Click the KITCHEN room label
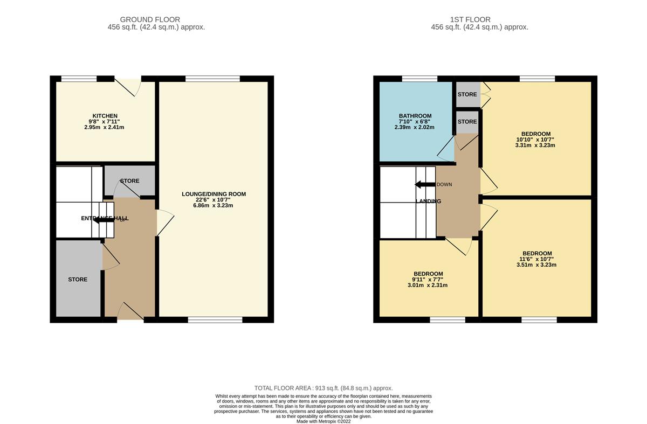click(105, 116)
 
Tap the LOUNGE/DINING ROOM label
click(215, 194)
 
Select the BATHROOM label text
click(415, 116)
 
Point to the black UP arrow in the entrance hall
click(107, 219)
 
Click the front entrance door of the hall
click(130, 312)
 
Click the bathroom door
click(446, 151)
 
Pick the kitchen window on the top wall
click(79, 79)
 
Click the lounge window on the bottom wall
click(215, 320)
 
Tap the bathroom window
click(419, 79)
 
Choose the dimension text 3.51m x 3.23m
click(537, 265)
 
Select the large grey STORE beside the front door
click(78, 279)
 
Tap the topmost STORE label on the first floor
click(467, 95)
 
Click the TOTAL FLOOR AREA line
click(323, 388)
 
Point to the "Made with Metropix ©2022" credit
click(323, 421)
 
